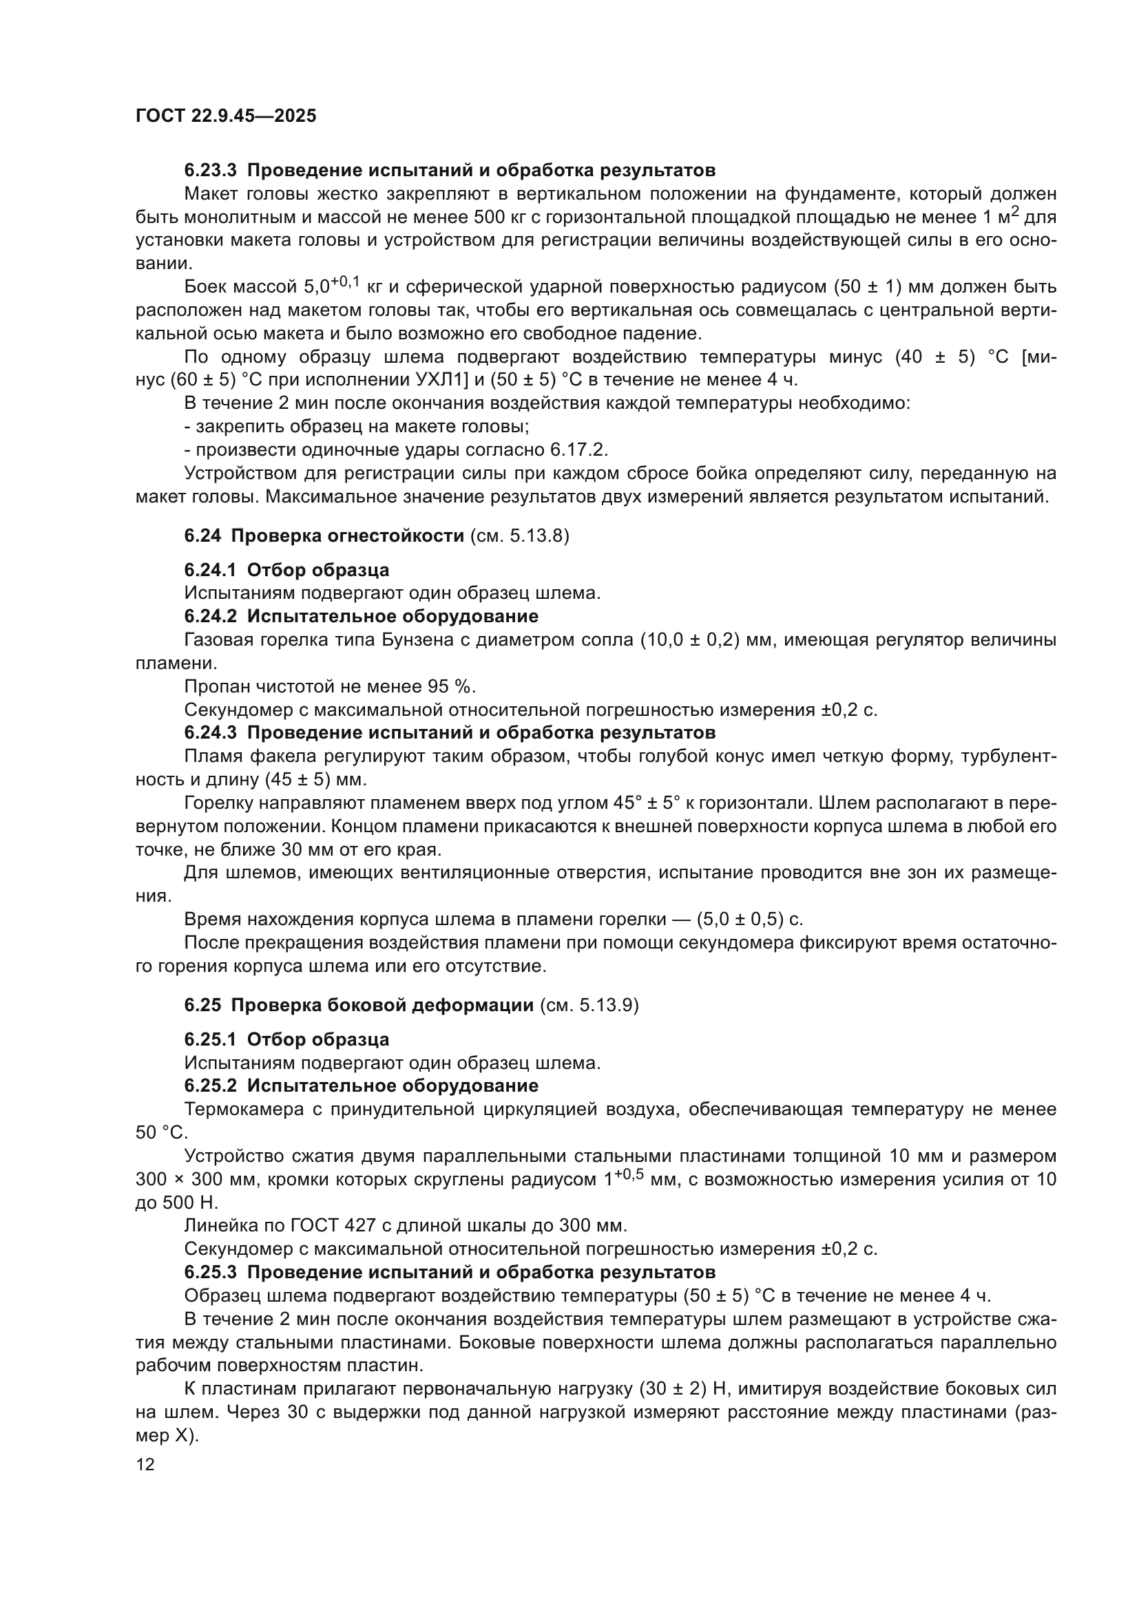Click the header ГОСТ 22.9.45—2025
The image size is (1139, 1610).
pyautogui.click(x=226, y=116)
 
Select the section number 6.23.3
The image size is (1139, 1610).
pyautogui.click(x=211, y=171)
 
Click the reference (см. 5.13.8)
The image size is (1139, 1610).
pyautogui.click(x=519, y=536)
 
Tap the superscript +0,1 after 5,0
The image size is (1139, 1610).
pyautogui.click(x=345, y=282)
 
